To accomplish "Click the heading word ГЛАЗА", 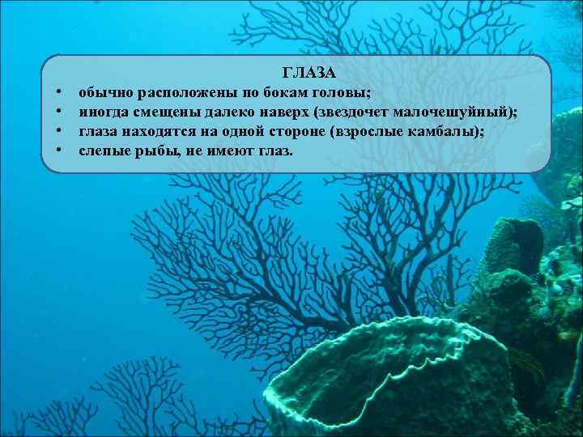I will [x=309, y=74].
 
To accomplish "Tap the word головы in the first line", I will [x=341, y=92].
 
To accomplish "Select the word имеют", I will [x=232, y=151].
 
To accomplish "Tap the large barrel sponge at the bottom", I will [x=397, y=380].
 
